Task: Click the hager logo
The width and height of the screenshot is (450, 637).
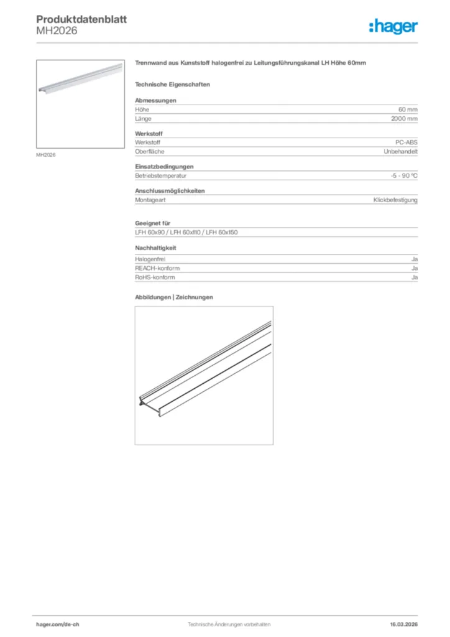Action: pyautogui.click(x=393, y=26)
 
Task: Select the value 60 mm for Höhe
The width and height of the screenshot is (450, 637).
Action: pyautogui.click(x=408, y=109)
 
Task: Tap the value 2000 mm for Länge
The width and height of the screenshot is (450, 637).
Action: pyautogui.click(x=404, y=118)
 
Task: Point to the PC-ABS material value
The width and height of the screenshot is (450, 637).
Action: pyautogui.click(x=406, y=142)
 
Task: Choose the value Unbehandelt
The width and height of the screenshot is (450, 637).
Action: pyautogui.click(x=400, y=151)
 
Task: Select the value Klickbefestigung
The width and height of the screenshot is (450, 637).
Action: pyautogui.click(x=395, y=200)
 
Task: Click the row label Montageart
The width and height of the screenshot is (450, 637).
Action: pyautogui.click(x=150, y=200)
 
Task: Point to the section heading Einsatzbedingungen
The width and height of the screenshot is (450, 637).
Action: pyautogui.click(x=164, y=167)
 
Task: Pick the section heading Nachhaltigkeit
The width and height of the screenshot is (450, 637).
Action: pyautogui.click(x=156, y=248)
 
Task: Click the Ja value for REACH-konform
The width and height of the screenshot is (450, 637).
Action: pyautogui.click(x=414, y=268)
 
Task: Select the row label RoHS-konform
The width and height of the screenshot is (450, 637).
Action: pyautogui.click(x=155, y=277)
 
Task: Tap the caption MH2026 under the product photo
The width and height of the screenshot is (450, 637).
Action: pyautogui.click(x=46, y=154)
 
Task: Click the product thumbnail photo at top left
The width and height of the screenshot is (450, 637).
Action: pyautogui.click(x=80, y=104)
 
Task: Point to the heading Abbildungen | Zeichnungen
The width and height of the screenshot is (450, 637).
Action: pyautogui.click(x=174, y=297)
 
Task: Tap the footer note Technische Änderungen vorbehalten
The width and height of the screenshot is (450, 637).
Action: pyautogui.click(x=229, y=624)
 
